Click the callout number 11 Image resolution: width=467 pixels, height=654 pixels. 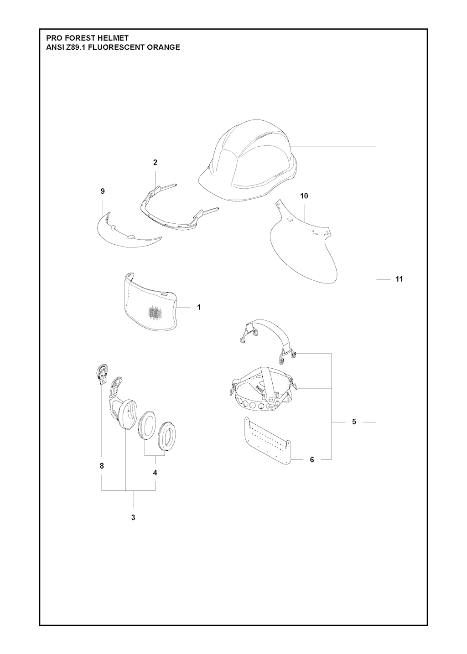(x=399, y=279)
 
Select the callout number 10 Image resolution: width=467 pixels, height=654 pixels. (x=304, y=196)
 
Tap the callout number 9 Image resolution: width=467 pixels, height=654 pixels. (x=102, y=191)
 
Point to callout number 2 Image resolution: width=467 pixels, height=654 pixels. (x=155, y=162)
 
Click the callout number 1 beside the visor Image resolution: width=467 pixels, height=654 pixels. (x=199, y=307)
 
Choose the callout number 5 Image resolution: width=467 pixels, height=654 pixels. (x=354, y=422)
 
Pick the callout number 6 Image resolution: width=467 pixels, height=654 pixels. (x=312, y=459)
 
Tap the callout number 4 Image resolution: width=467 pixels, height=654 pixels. (x=155, y=473)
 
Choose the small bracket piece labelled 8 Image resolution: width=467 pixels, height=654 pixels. (x=102, y=372)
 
